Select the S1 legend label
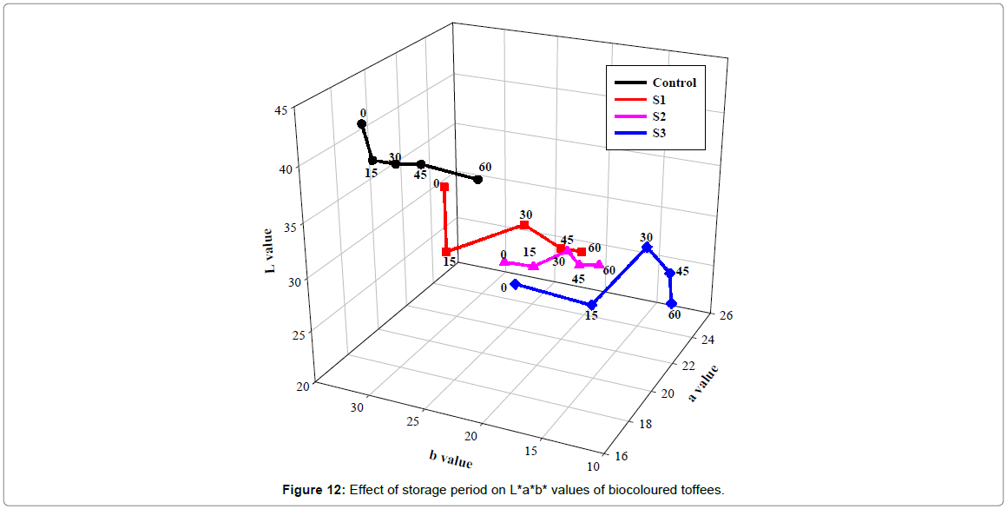point(659,100)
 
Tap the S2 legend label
point(659,116)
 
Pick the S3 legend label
point(659,133)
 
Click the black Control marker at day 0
point(362,124)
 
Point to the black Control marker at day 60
point(477,180)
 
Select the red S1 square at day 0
point(444,187)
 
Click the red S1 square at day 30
point(524,225)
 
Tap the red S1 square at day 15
point(446,252)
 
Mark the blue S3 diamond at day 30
point(647,248)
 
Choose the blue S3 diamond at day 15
point(591,305)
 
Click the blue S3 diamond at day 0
point(515,284)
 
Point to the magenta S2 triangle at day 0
point(504,261)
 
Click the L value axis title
point(269,252)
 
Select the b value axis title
point(451,457)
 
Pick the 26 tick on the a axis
point(726,315)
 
